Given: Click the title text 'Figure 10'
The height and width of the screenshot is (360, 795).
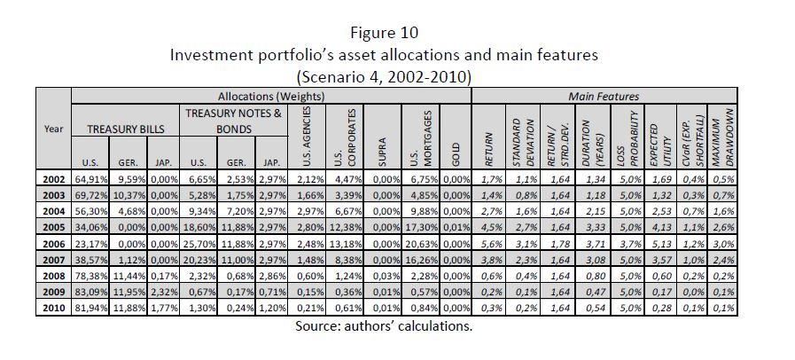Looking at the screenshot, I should (x=384, y=34).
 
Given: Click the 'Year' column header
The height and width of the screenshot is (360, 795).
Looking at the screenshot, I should (x=52, y=129).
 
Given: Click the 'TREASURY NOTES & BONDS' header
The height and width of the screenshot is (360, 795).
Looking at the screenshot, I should (x=233, y=121).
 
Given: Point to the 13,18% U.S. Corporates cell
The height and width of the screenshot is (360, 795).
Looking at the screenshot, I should (x=341, y=242).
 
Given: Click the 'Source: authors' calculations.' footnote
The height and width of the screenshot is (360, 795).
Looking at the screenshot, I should (x=384, y=325).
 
